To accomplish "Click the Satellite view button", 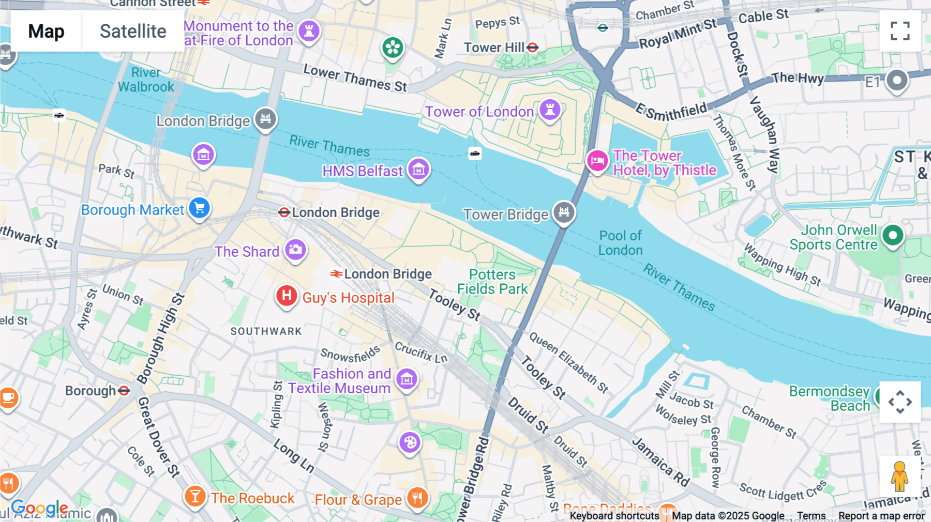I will coord(133,31).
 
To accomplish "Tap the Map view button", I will coord(46,31).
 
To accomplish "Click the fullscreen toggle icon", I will coord(900,31).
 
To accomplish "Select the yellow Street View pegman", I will coord(899,477).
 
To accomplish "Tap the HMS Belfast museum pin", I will coord(418,169).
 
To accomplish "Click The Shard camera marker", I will coord(295,250).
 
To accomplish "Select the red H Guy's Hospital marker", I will coord(286,296).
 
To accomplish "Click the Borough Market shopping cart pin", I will coord(199,208).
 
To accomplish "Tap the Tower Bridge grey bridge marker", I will coord(564,212).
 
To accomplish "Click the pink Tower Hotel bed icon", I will coord(597,161).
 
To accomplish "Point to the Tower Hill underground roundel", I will coord(533,48).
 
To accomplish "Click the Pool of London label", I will coord(620,243).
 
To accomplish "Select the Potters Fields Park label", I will coord(492,282).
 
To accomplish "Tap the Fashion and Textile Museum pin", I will coord(407,380).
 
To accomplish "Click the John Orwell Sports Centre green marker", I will coord(892,236).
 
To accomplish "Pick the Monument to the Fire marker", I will coord(309,30).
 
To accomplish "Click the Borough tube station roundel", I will coord(124,391).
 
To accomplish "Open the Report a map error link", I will coord(881,516).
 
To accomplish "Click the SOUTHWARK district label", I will coord(266,331).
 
